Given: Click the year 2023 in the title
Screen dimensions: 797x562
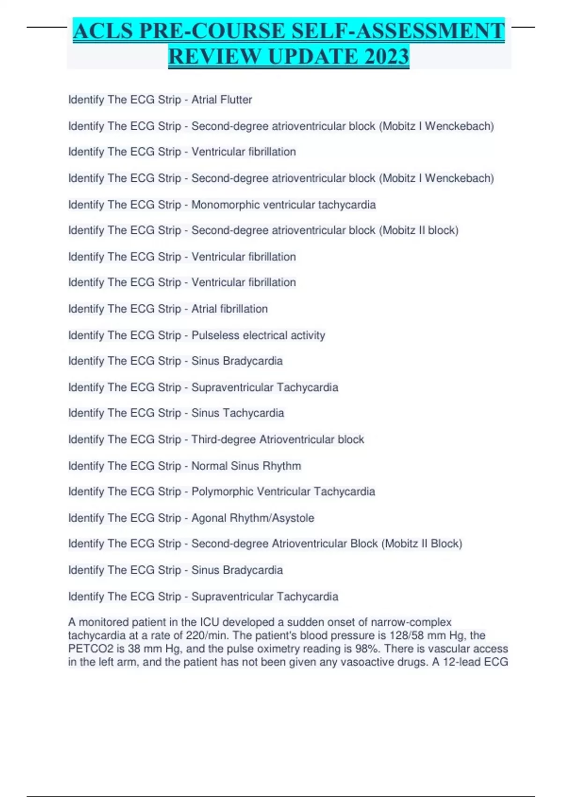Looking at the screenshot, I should (x=386, y=56).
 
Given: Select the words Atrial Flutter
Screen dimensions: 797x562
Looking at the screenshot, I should (x=222, y=100).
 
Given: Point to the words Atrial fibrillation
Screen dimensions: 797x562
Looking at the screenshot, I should (x=229, y=309).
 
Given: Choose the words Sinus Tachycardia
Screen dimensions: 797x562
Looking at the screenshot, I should (x=237, y=413).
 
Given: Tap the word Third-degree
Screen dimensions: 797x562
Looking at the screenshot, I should (x=223, y=440).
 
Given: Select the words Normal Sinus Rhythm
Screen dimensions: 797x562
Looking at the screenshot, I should (x=246, y=466).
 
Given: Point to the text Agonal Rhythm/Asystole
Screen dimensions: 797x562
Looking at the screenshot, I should (x=252, y=518).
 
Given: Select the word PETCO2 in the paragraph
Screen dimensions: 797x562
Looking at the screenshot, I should (x=91, y=649).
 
